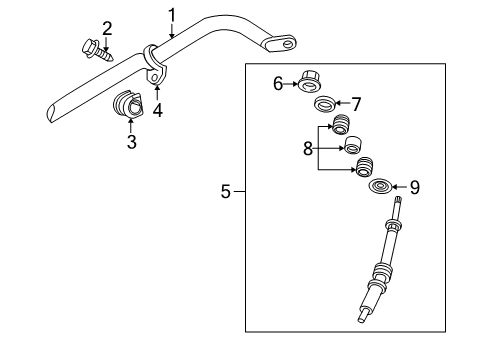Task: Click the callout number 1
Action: (171, 14)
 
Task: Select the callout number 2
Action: (107, 27)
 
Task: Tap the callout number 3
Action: (131, 143)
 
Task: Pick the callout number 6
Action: (278, 85)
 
